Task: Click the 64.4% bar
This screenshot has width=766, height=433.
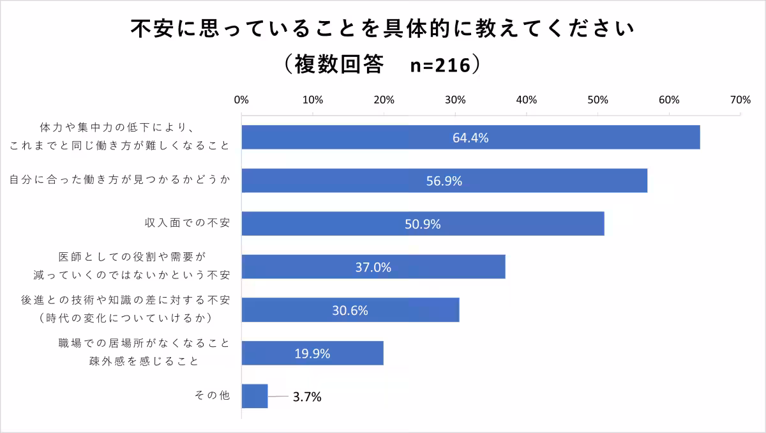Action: pos(470,137)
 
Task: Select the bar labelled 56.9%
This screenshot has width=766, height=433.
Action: pos(444,181)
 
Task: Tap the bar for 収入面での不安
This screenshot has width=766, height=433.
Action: pos(423,224)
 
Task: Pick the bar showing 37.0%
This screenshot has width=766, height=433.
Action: pos(373,267)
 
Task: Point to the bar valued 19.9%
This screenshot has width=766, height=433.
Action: pos(312,353)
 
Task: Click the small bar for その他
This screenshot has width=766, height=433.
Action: pos(255,396)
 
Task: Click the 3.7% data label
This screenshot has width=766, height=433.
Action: pos(307,397)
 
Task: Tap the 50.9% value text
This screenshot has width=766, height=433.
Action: pos(423,224)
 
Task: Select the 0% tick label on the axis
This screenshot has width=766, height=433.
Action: pos(241,100)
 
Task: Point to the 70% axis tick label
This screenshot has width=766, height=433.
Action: pos(740,100)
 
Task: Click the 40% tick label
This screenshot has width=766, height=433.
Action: pos(526,100)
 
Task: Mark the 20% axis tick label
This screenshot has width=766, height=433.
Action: pos(384,100)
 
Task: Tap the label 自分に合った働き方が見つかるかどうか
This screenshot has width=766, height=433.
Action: pos(119,181)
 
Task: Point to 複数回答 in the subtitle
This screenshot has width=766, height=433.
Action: pos(339,65)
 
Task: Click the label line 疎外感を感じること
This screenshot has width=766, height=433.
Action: pos(144,361)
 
